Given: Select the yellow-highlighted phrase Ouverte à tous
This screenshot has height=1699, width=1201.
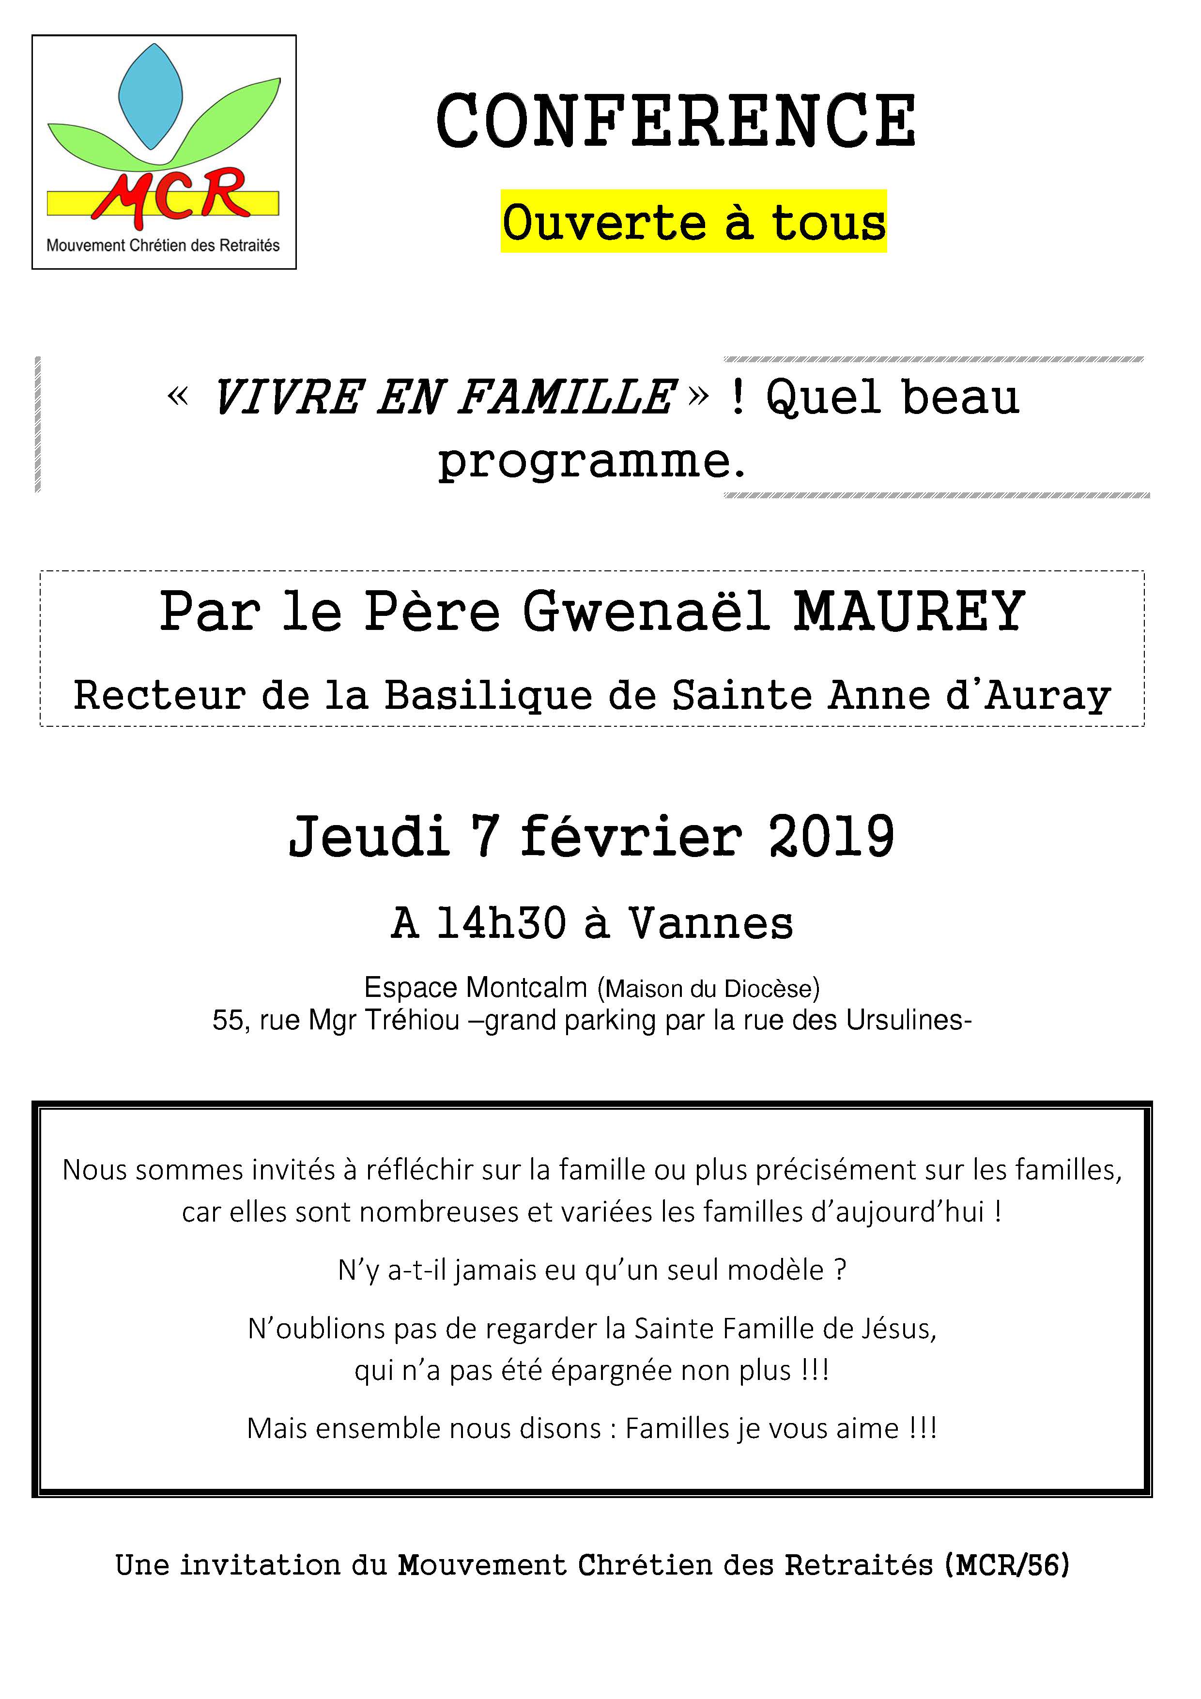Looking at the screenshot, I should (693, 223).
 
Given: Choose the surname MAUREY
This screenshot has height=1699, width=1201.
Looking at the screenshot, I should (908, 611).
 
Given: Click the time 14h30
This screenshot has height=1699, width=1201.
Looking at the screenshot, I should (501, 923).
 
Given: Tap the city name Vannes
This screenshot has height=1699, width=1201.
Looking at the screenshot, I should (710, 923).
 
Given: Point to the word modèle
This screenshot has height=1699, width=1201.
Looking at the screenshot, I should (775, 1270).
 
